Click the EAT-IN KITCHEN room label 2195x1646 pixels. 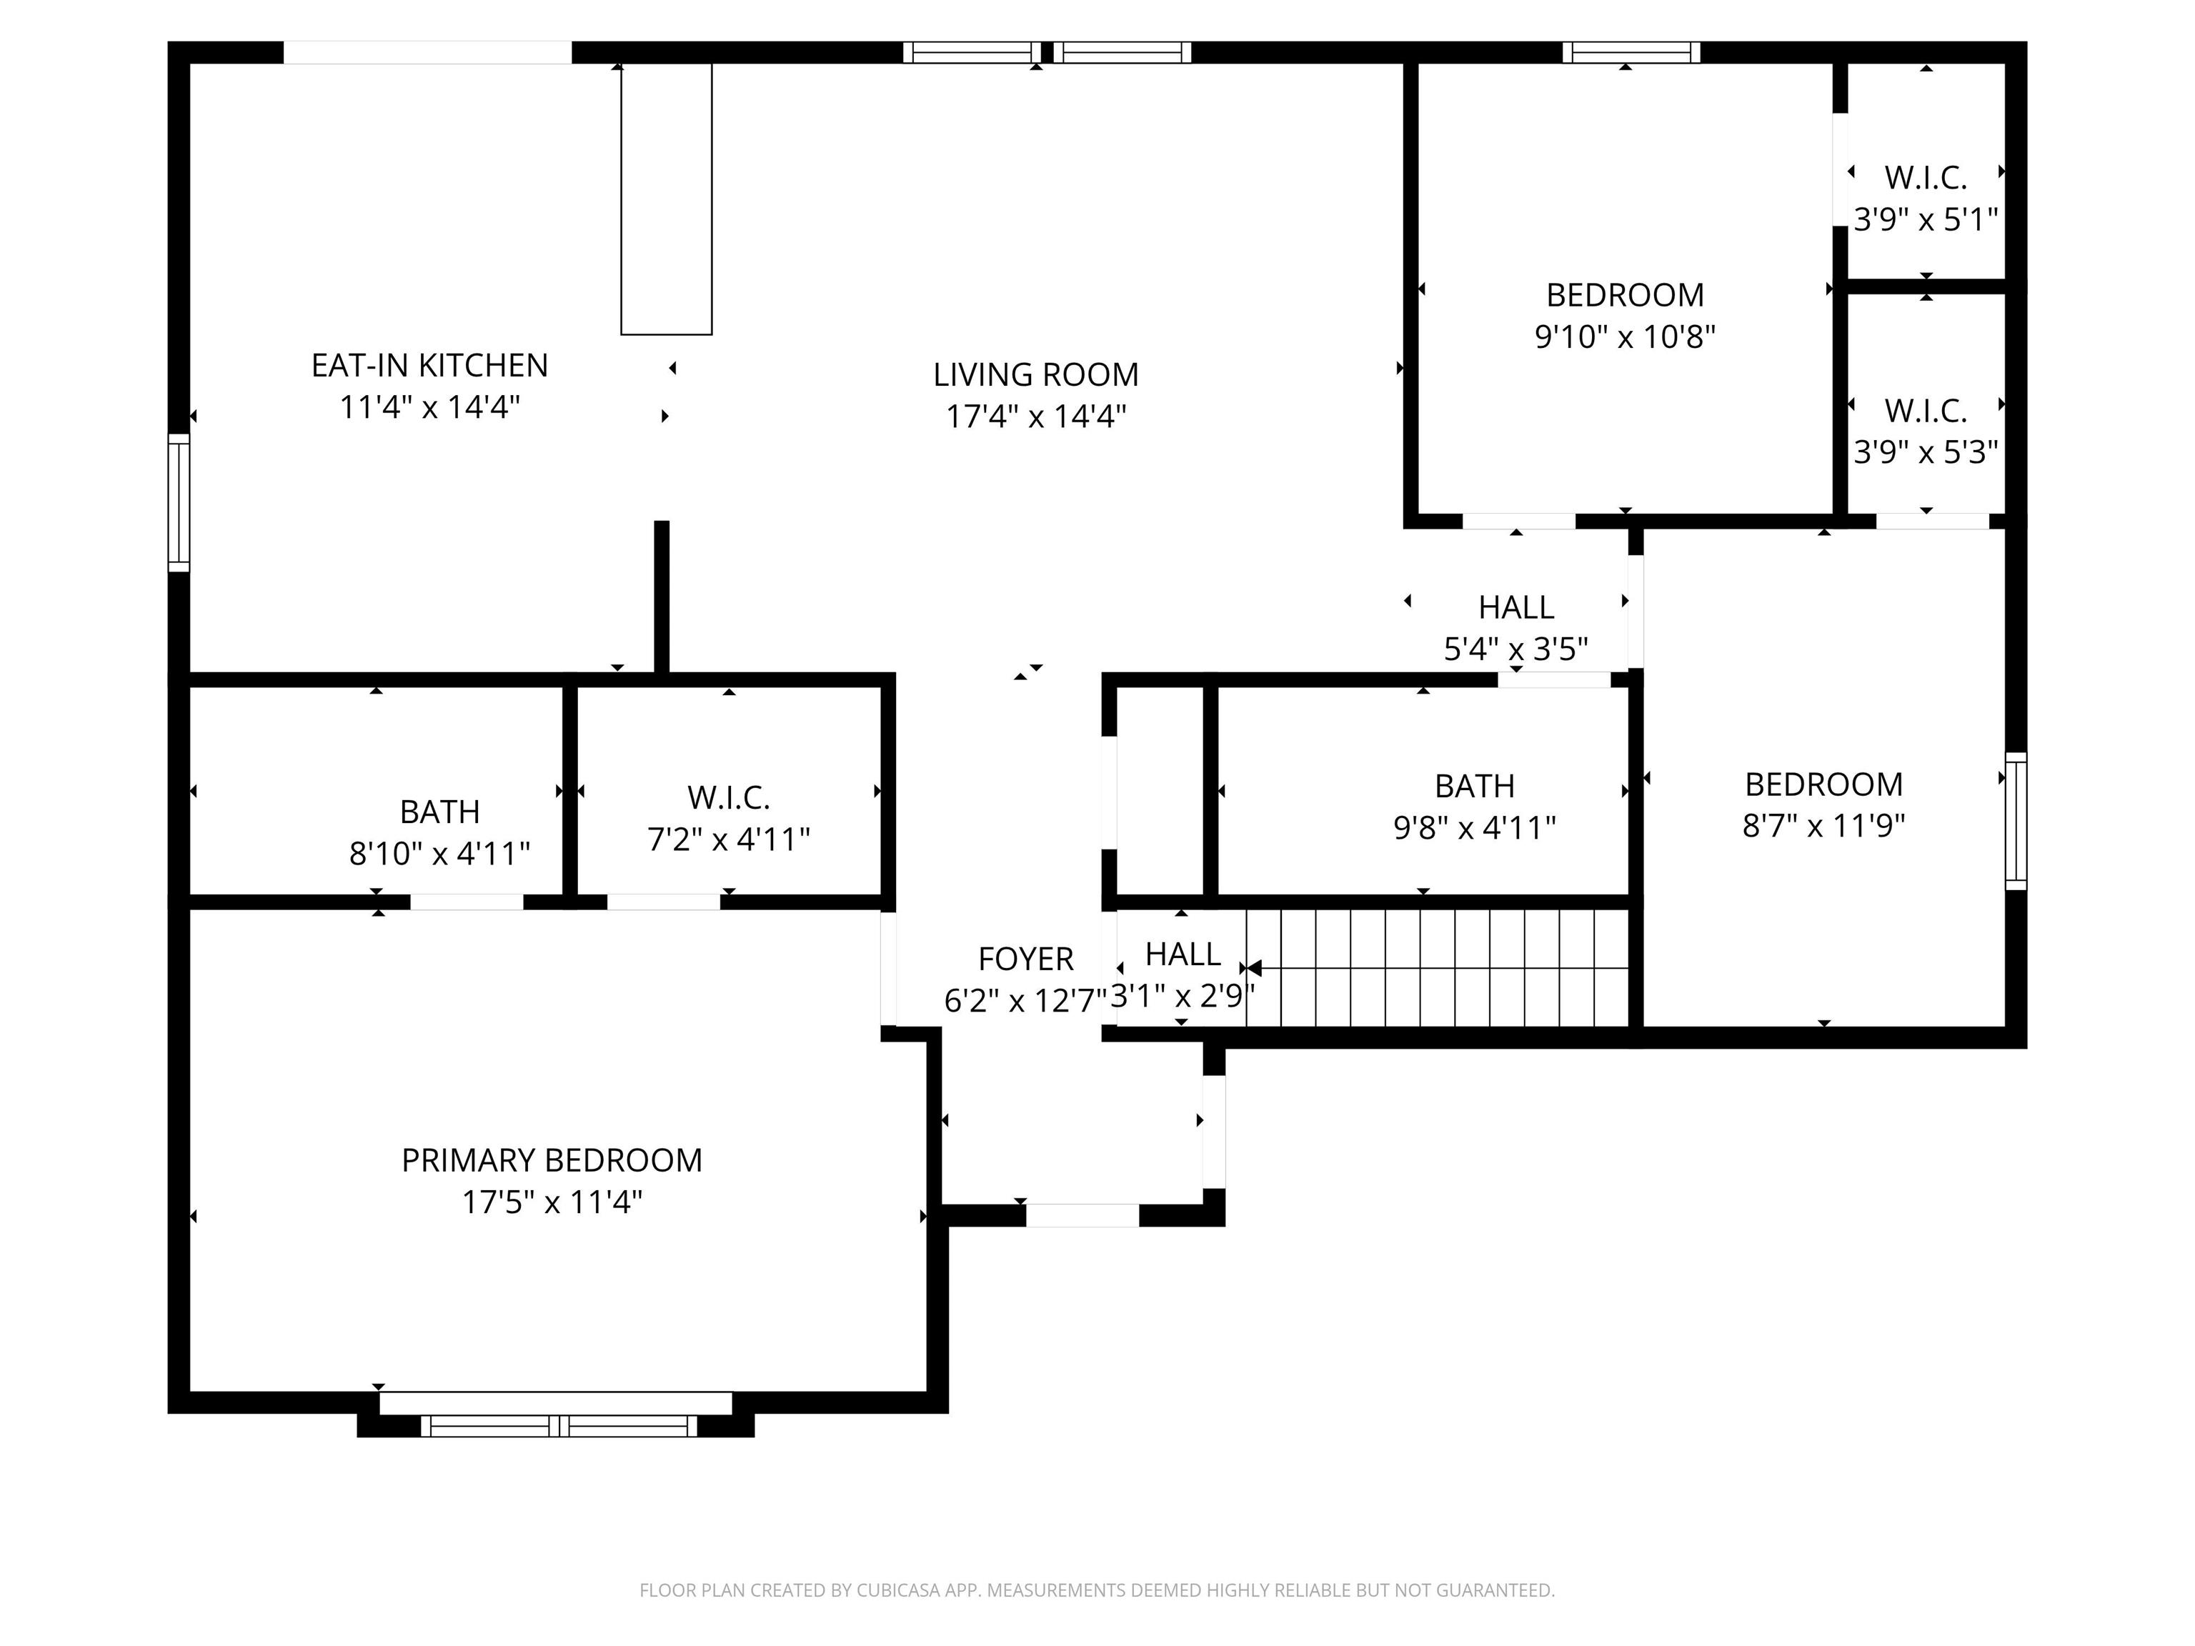[x=429, y=365]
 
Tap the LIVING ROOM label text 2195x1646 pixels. [x=1036, y=374]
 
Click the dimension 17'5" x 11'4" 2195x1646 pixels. [x=552, y=1202]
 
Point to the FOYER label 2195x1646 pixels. [x=1026, y=959]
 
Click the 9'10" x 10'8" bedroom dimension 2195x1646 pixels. [x=1626, y=336]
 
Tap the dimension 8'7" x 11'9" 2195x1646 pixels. [x=1824, y=825]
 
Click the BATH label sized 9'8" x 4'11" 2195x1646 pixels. [x=1475, y=786]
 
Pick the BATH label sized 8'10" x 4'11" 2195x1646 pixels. [x=439, y=812]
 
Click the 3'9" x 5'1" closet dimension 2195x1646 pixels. [x=1926, y=219]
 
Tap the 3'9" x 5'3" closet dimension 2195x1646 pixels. [x=1926, y=452]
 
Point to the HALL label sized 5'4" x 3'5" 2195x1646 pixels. [x=1516, y=607]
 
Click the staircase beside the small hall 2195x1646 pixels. [x=1437, y=967]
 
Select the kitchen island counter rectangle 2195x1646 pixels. [x=667, y=199]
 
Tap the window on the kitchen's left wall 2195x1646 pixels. [x=179, y=502]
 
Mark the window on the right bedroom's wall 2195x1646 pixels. [x=2016, y=821]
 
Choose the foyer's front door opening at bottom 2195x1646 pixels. [x=1082, y=1214]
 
